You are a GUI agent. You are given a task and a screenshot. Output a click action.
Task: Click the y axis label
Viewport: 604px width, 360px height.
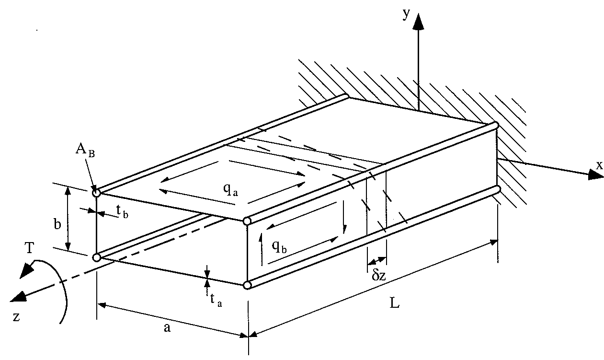coord(406,14)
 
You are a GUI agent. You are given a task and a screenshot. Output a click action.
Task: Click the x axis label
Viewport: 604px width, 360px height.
coord(599,165)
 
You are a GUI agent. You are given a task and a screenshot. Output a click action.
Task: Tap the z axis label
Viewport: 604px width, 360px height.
coord(16,317)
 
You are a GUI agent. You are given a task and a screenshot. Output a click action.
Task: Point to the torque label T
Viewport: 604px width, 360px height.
coord(29,248)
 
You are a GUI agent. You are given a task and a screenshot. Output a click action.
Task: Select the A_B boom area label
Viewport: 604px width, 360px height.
coord(85,149)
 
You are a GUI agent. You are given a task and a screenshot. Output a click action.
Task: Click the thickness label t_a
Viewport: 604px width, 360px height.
coord(216,300)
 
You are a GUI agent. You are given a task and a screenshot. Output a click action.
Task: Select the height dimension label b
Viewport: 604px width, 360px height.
coord(57,224)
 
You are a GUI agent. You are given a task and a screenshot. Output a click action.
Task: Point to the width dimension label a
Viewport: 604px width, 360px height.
coord(167,327)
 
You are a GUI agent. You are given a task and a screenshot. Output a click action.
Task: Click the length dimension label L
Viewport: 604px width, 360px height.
coord(395,304)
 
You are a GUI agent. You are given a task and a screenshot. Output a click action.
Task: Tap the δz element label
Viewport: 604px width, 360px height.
coord(378,276)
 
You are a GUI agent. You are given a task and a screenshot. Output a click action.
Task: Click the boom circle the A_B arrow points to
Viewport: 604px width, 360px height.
coord(96,193)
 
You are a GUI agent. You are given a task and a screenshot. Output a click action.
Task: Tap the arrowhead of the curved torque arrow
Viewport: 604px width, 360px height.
coord(25,270)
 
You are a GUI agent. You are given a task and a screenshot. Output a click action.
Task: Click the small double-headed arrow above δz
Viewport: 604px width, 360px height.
coord(377,261)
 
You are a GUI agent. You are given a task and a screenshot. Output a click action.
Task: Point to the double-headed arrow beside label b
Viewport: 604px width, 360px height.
coord(68,219)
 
